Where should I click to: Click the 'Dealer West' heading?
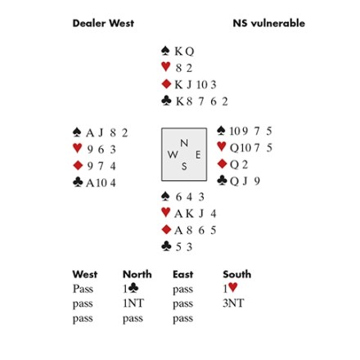click(103, 23)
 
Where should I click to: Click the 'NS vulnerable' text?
click(269, 23)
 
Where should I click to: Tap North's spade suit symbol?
click(165, 51)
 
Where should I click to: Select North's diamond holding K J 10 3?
click(196, 84)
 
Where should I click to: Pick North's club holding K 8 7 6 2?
click(202, 101)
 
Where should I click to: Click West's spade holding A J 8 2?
click(107, 133)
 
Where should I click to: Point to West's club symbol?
click(78, 182)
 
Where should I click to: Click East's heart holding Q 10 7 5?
click(251, 148)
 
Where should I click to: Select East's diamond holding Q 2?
click(239, 164)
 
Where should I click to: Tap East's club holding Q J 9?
click(245, 181)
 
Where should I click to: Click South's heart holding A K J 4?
click(196, 214)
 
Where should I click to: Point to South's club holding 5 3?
click(184, 247)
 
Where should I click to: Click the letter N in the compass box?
click(184, 143)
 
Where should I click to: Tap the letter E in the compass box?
click(198, 155)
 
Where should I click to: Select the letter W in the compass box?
click(173, 155)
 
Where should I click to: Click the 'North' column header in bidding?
click(137, 274)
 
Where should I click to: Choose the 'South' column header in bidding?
click(237, 274)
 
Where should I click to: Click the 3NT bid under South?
click(233, 304)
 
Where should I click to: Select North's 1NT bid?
click(133, 304)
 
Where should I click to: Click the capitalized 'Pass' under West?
click(83, 289)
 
